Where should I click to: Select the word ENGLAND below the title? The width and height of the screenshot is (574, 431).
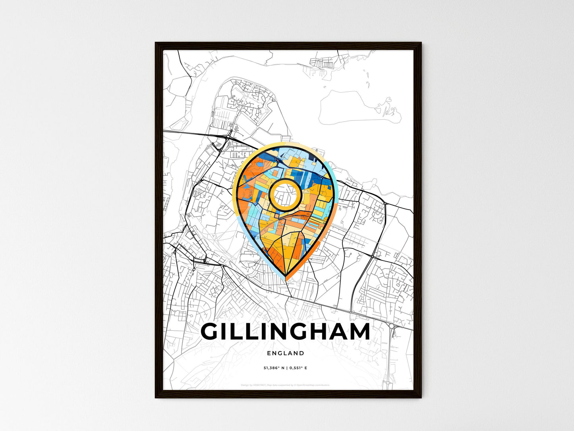point(286,353)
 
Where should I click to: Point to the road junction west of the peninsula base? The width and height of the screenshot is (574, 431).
point(229,138)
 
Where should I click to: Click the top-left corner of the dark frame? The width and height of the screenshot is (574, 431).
point(156,43)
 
